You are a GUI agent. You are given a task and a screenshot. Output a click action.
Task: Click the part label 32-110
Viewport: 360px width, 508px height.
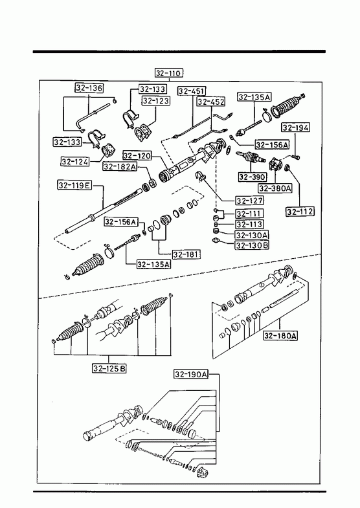168,73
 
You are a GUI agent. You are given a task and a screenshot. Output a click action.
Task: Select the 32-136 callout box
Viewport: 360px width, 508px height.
89,88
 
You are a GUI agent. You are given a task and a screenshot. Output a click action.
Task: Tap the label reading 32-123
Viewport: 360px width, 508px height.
156,101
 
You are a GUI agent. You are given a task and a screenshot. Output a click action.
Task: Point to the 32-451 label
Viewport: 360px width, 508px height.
192,91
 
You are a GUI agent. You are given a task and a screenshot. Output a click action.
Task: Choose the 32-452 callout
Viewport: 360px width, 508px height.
211,102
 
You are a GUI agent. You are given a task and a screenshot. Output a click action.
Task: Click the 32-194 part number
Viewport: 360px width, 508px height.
295,127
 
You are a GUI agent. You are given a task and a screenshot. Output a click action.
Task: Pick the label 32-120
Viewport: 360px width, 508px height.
137,155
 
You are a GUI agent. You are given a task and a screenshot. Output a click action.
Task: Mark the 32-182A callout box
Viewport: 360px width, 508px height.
120,166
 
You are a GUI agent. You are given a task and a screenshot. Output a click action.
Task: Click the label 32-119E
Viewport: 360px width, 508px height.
74,185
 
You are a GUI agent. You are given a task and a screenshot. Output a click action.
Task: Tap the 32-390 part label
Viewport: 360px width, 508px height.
252,177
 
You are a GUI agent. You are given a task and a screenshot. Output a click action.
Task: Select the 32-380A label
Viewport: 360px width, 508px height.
275,188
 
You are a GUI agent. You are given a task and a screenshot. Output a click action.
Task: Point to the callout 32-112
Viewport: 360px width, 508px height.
300,212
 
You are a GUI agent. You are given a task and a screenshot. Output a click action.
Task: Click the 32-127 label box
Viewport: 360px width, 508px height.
249,201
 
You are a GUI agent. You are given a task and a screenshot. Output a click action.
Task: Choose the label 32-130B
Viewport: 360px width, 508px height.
252,245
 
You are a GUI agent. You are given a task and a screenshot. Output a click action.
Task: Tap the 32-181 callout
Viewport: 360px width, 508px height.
186,255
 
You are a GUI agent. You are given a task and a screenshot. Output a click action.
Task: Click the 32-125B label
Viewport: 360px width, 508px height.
109,368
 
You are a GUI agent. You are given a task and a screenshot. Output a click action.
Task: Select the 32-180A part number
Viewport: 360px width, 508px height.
280,336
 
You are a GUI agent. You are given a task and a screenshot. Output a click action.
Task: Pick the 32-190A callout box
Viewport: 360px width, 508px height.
191,375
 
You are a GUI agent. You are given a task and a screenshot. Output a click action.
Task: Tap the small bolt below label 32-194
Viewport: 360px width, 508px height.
296,157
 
